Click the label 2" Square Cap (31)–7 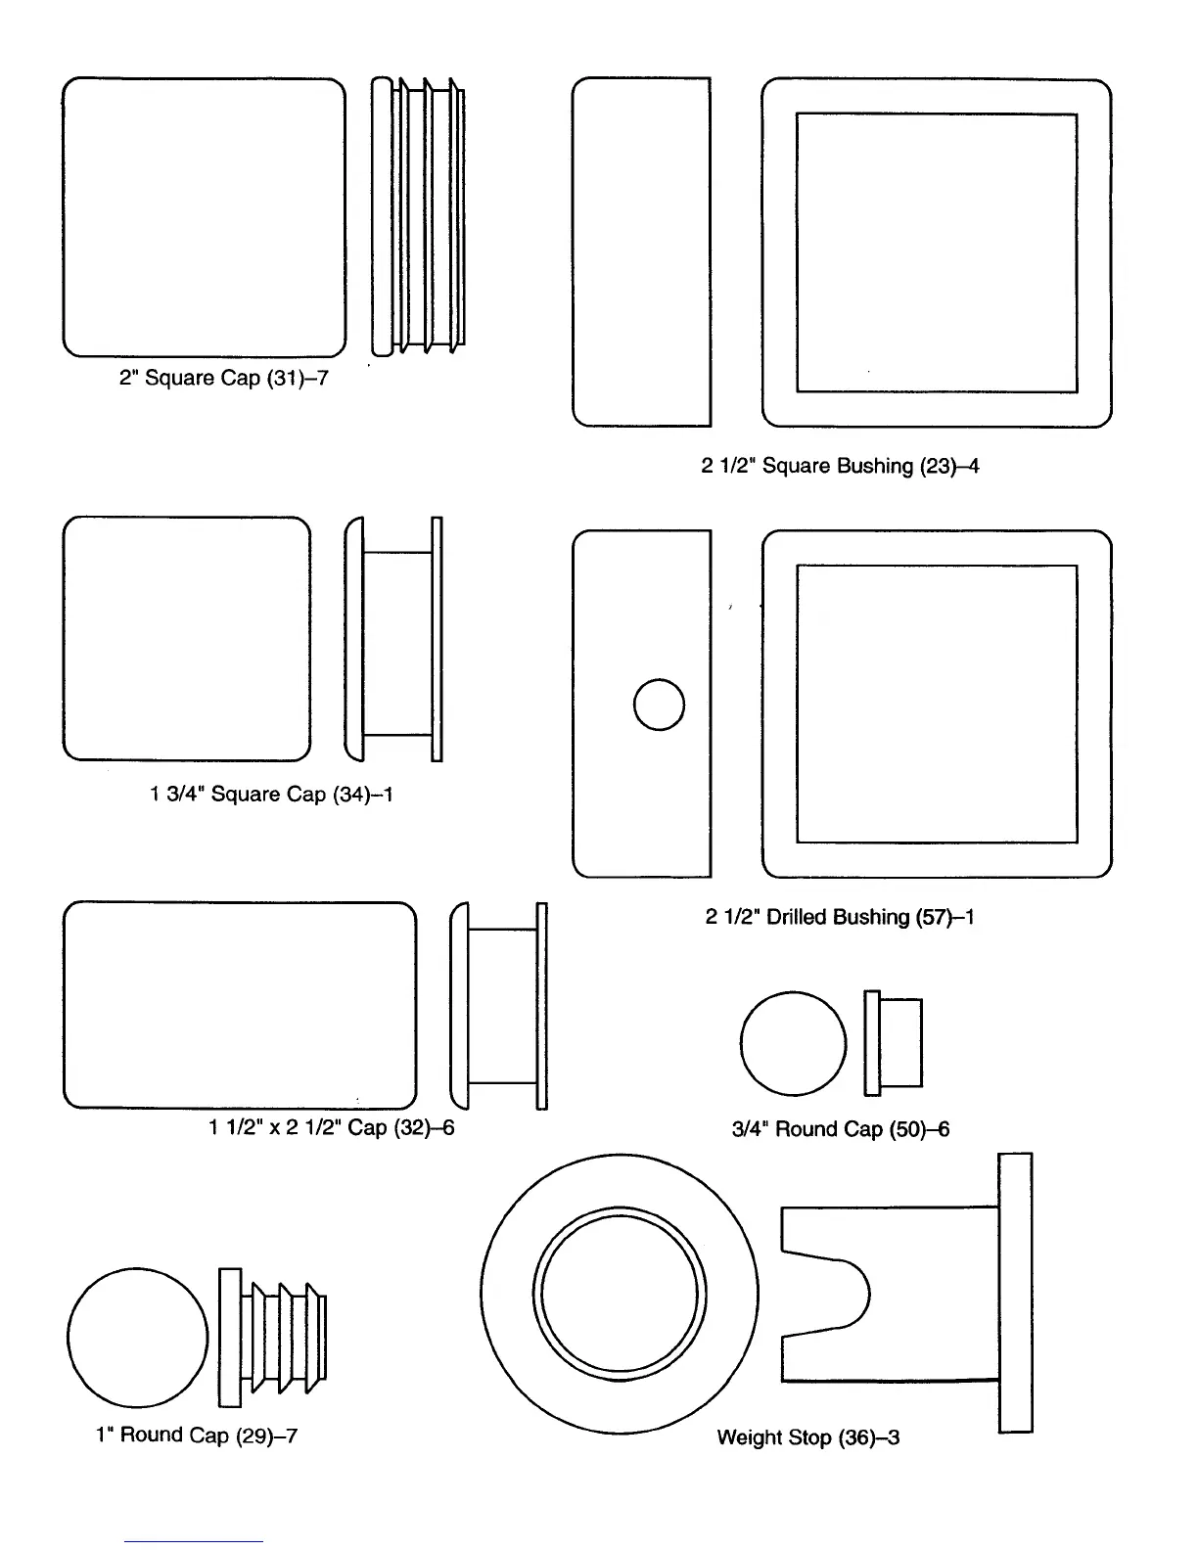pos(223,378)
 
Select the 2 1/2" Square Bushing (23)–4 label pos(840,466)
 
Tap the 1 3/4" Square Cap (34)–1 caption pos(271,794)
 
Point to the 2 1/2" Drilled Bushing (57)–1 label pos(840,917)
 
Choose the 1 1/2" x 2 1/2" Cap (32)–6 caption pos(331,1127)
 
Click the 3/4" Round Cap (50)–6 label pos(841,1129)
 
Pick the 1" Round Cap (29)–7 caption pos(196,1436)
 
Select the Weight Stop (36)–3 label pos(808,1437)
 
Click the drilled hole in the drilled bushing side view pos(659,705)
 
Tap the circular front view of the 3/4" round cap pos(793,1044)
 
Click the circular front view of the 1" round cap pos(138,1338)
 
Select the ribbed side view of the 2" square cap pos(418,216)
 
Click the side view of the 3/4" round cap pos(894,1043)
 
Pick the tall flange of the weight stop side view pos(1015,1293)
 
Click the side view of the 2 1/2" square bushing pos(641,252)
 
